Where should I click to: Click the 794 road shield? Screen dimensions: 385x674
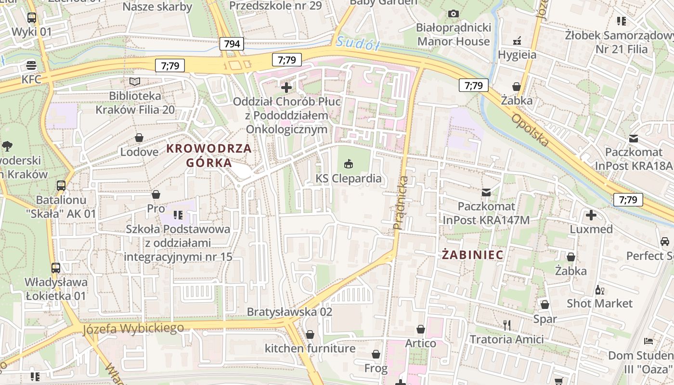[232, 44]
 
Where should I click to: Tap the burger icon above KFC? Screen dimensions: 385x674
[31, 64]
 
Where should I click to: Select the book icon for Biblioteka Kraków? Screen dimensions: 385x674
[135, 81]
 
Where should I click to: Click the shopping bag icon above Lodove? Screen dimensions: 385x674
[139, 138]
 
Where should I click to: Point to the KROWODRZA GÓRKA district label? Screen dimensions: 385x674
[209, 155]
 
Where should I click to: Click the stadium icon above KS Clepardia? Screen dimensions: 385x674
[349, 164]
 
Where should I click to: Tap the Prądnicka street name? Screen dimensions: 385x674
[401, 202]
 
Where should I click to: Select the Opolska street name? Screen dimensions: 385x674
[530, 130]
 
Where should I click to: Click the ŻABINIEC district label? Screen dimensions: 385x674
[473, 255]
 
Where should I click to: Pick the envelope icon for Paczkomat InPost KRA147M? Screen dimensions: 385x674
[486, 192]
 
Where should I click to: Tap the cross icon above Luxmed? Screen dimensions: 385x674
[591, 215]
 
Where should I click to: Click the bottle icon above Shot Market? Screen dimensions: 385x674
[599, 290]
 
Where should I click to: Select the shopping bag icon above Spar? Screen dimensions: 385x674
[544, 305]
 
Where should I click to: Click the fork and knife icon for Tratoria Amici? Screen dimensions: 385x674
[506, 325]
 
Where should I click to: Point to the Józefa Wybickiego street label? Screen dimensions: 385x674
[133, 329]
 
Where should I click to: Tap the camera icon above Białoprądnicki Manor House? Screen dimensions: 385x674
[453, 13]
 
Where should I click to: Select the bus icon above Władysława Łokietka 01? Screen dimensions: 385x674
[55, 268]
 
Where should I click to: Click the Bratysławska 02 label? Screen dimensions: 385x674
[289, 312]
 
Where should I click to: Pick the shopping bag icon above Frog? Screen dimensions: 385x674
[376, 355]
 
